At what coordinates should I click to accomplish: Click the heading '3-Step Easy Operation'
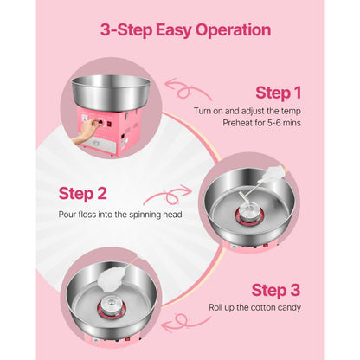(x=185, y=30)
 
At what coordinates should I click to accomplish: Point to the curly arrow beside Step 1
(x=190, y=90)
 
